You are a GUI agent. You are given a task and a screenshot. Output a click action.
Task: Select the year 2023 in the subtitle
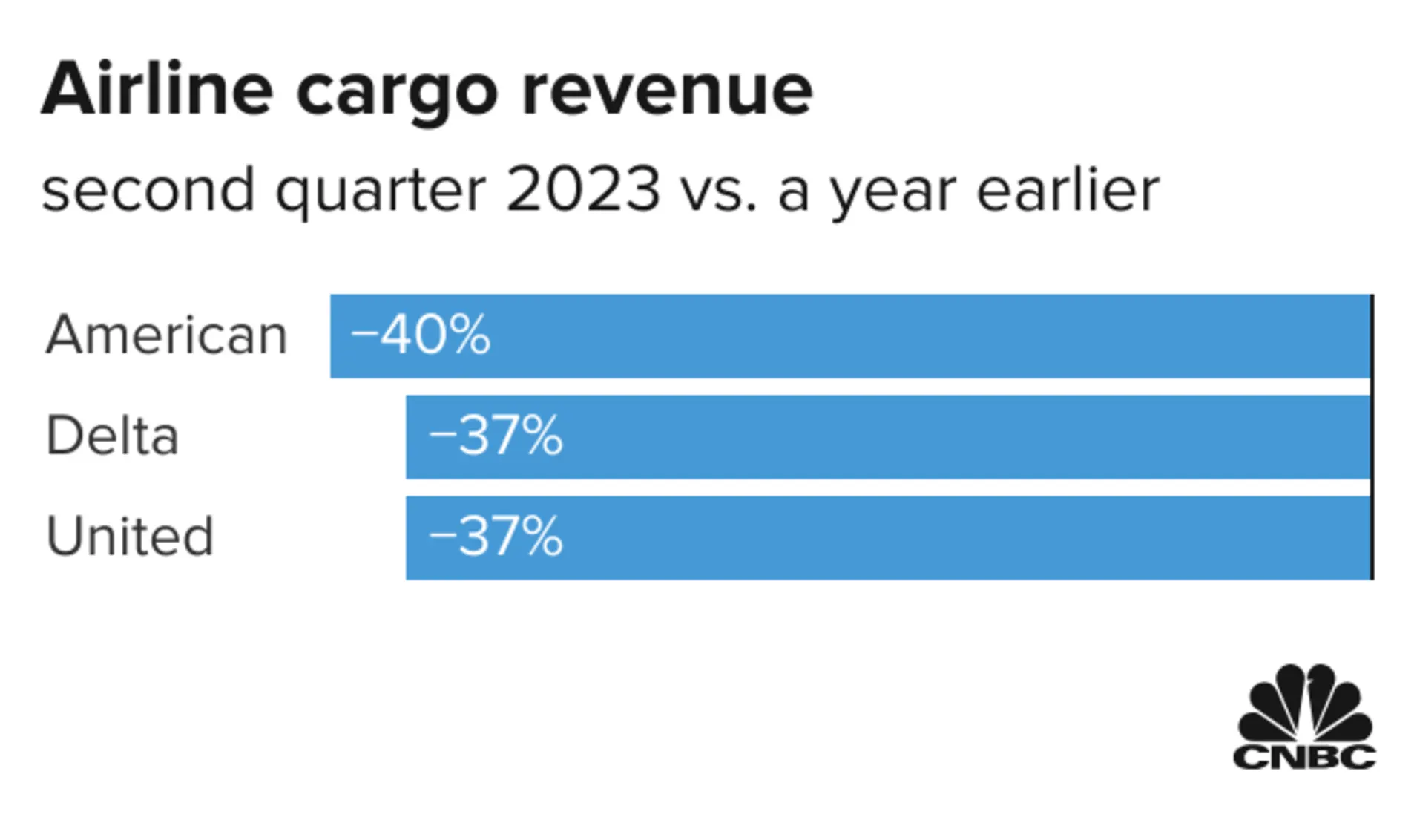(x=583, y=190)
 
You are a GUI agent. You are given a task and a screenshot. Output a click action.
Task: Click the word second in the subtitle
(x=148, y=190)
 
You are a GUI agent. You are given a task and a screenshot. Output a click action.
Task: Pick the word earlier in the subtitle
(x=1068, y=190)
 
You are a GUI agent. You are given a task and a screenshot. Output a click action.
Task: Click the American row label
(x=166, y=335)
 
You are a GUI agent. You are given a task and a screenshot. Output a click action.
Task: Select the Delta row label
(x=113, y=436)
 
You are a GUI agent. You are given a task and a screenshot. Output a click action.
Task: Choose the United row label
(x=130, y=537)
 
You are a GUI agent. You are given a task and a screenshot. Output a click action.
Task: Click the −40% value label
(x=420, y=335)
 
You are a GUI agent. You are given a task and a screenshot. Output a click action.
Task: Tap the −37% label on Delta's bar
(x=496, y=436)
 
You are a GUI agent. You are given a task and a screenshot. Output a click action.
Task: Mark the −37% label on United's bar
(x=496, y=537)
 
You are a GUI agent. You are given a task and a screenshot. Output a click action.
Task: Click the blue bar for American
(x=890, y=336)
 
